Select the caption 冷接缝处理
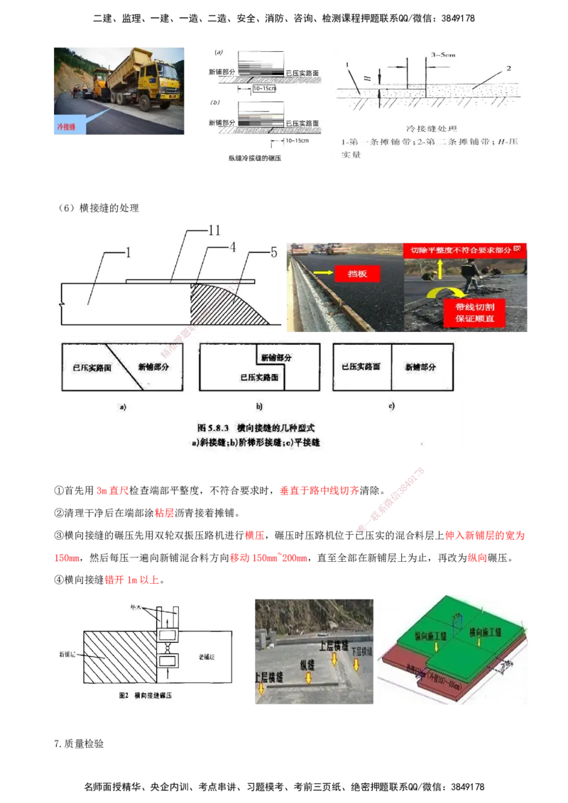[x=428, y=130]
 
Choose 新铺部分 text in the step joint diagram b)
[x=276, y=358]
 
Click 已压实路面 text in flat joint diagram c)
[x=361, y=367]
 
